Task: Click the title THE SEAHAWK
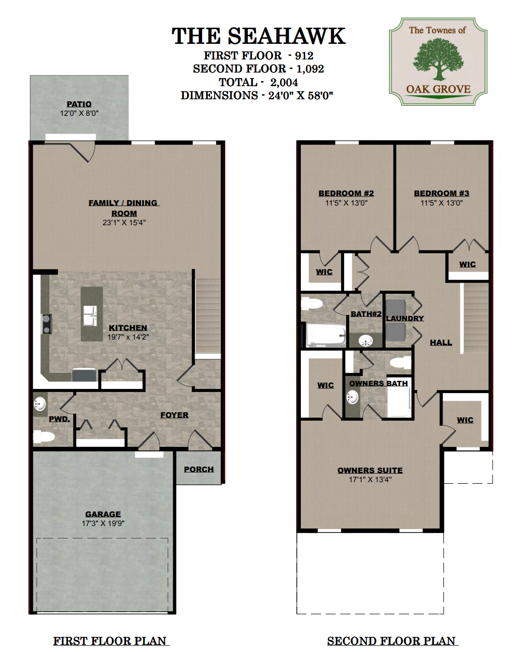(x=259, y=36)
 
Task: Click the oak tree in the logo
(x=438, y=59)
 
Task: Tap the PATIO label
(x=79, y=104)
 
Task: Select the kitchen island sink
(x=90, y=315)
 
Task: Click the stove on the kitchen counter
(x=46, y=324)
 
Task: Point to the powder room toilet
(x=43, y=437)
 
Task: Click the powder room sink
(x=39, y=404)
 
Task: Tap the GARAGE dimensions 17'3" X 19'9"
(x=103, y=524)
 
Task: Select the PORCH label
(x=199, y=469)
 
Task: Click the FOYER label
(x=174, y=415)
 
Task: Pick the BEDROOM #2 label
(x=346, y=193)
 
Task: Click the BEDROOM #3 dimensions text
(x=441, y=203)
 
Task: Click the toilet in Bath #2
(x=311, y=303)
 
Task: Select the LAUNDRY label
(x=405, y=318)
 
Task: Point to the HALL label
(x=441, y=343)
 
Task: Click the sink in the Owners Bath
(x=352, y=398)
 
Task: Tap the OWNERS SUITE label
(x=370, y=470)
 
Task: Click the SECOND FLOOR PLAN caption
(x=392, y=641)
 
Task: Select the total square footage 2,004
(x=284, y=82)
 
